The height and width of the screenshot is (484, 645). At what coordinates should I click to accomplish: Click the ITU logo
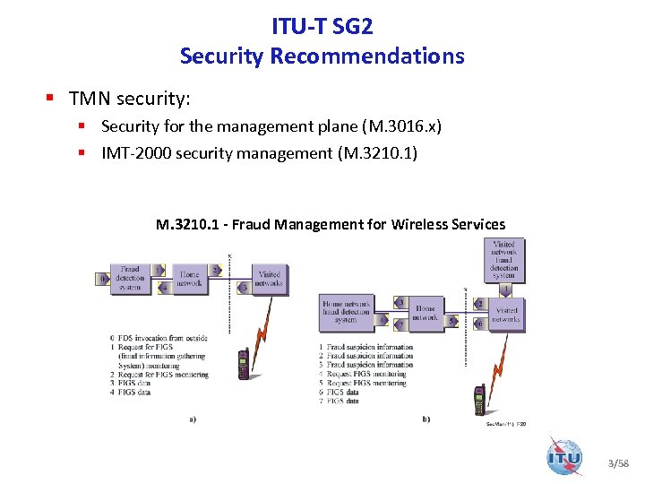tap(564, 456)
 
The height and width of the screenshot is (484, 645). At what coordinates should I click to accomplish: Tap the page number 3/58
tap(618, 463)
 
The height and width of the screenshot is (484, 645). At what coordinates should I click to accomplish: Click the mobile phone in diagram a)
tap(242, 363)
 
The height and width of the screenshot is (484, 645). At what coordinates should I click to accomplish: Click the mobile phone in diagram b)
tap(479, 398)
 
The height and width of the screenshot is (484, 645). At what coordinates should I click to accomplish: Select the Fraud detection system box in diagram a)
tap(130, 277)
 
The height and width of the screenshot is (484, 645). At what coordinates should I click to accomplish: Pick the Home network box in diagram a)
tap(190, 280)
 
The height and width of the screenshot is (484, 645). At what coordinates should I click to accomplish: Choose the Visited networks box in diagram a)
tap(269, 279)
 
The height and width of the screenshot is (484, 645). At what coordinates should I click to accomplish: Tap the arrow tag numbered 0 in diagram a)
tap(104, 279)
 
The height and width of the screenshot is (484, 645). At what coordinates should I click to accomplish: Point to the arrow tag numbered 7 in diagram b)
tap(400, 324)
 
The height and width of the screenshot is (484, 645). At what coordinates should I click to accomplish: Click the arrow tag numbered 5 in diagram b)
tap(452, 320)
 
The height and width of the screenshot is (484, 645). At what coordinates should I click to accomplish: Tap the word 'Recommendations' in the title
tap(367, 56)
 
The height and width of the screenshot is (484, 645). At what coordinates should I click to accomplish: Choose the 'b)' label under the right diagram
tap(426, 419)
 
